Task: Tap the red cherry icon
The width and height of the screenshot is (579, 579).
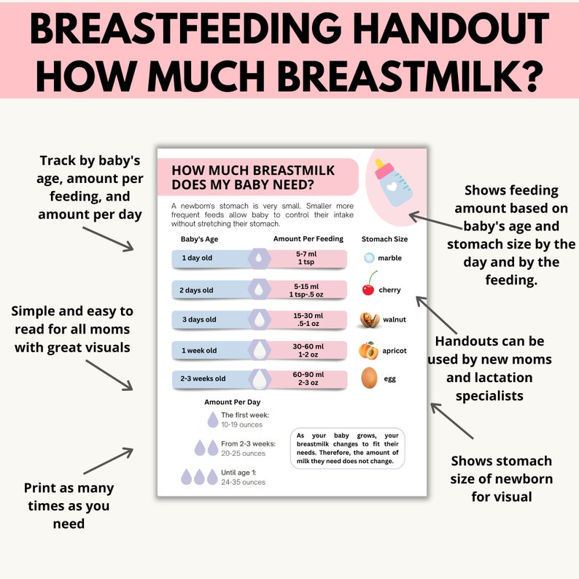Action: point(368,287)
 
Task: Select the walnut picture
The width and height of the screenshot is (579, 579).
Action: point(369,320)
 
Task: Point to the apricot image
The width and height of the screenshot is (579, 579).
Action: point(367,350)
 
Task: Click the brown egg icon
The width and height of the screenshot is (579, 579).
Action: point(370,378)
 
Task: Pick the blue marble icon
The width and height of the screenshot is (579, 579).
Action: point(369,258)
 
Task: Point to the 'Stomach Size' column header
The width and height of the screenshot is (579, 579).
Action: point(384,238)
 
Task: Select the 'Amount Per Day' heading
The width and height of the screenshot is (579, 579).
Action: point(232,402)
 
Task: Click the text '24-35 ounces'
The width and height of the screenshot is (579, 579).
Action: point(243,482)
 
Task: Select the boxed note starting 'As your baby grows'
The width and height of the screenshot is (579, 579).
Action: point(347,448)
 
